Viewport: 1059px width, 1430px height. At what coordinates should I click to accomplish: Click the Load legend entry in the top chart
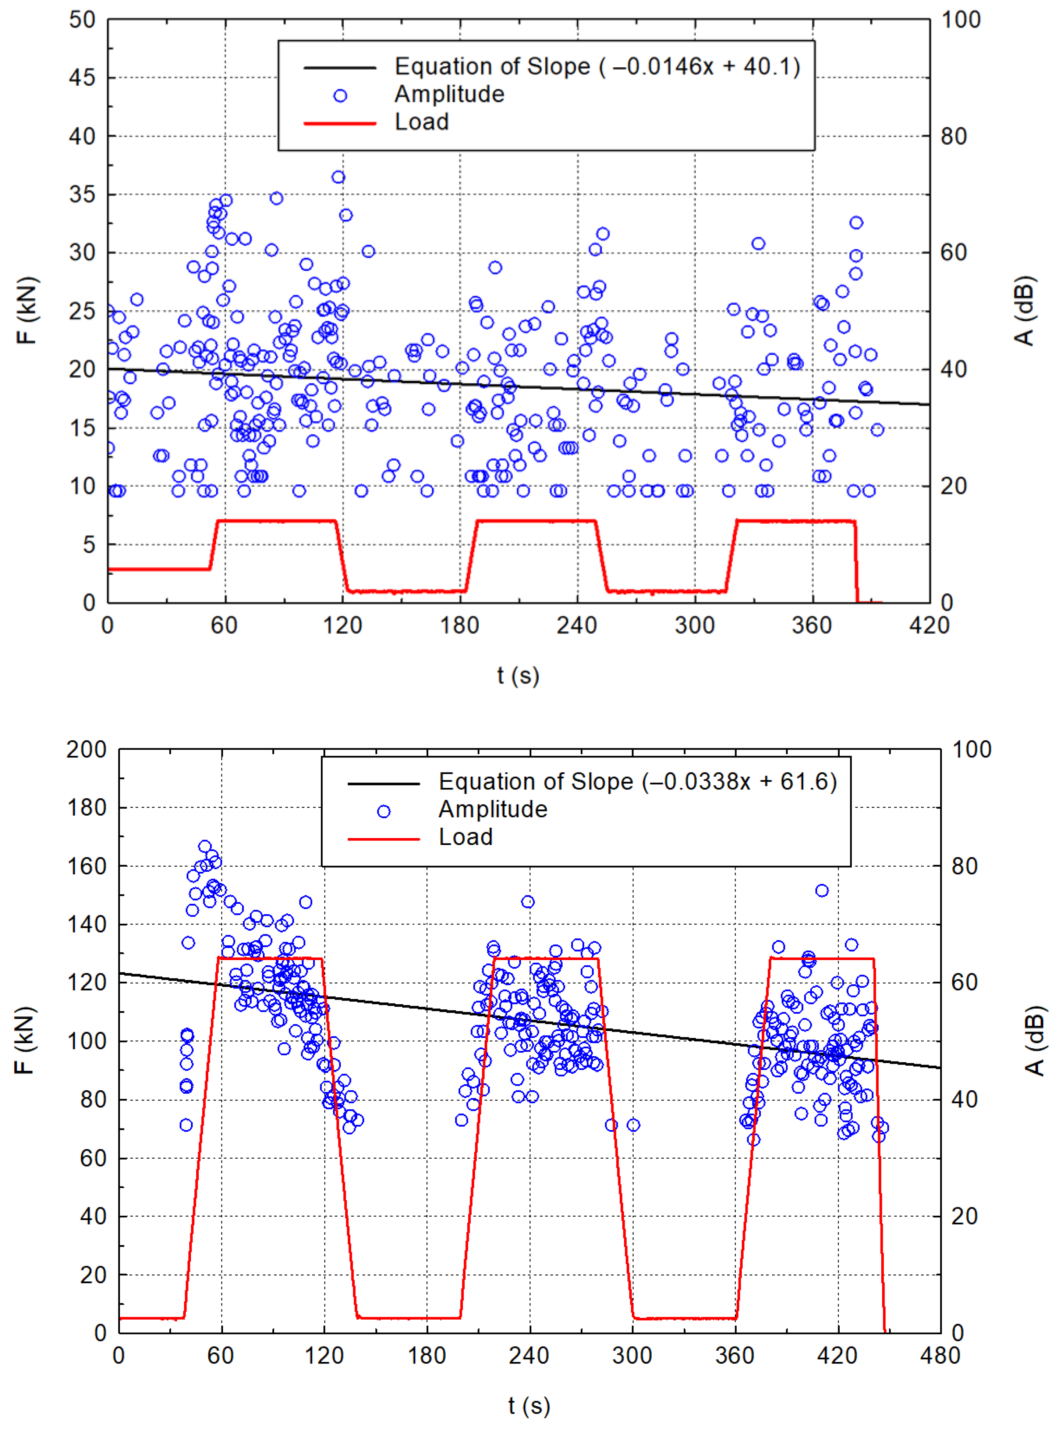(421, 122)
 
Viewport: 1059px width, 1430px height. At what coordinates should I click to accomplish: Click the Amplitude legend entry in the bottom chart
(492, 809)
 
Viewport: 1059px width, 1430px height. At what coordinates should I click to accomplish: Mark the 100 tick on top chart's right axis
(960, 20)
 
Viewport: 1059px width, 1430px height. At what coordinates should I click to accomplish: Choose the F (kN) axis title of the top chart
(27, 311)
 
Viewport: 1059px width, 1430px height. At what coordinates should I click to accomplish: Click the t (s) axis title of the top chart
(518, 675)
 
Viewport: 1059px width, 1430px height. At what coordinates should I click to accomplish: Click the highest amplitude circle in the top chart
(338, 177)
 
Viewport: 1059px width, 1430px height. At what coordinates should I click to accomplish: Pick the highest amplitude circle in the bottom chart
(205, 846)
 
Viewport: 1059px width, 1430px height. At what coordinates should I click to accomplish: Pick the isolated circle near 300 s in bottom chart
(633, 1125)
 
